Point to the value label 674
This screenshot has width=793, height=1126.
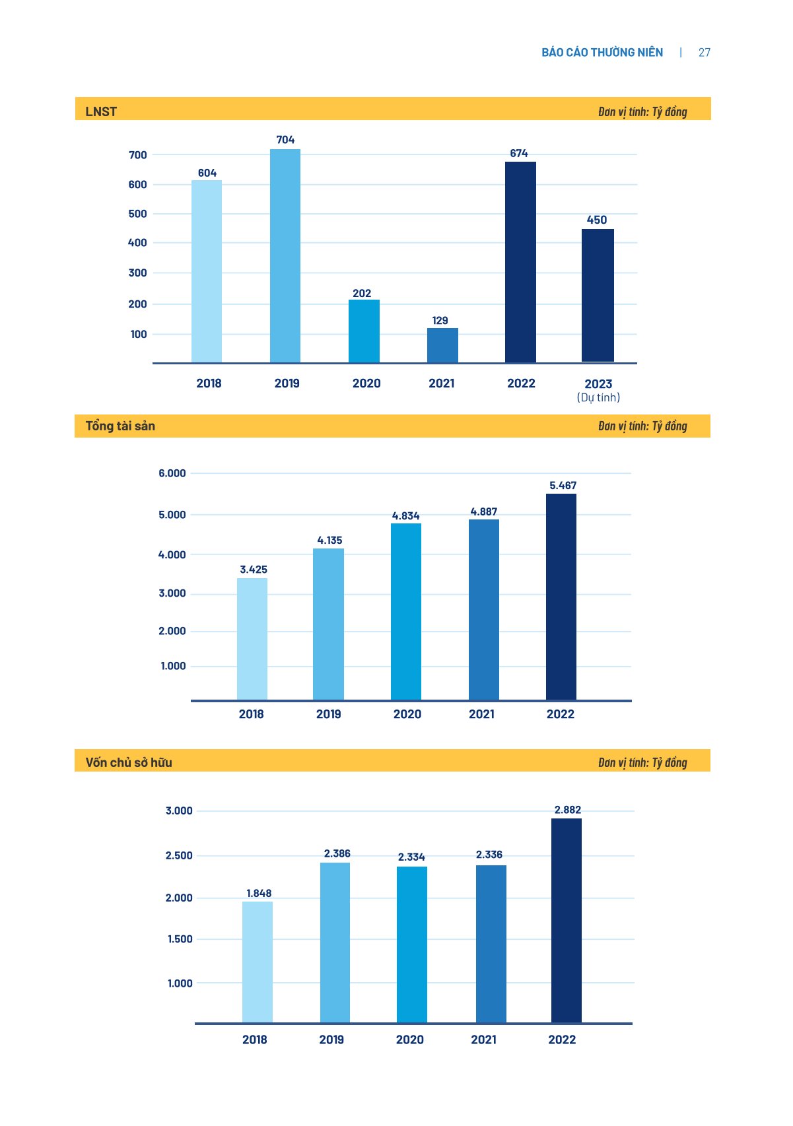(519, 153)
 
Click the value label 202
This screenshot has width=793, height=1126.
(362, 293)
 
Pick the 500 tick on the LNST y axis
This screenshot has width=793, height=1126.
(138, 214)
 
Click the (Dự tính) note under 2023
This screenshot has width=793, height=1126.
(598, 397)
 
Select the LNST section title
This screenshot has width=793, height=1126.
(101, 112)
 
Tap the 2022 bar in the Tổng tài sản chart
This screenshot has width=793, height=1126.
(561, 597)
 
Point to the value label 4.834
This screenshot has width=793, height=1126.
(405, 515)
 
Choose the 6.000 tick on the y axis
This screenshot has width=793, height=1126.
(172, 473)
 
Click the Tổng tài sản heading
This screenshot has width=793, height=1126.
(120, 426)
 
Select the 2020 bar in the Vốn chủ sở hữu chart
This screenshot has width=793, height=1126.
(412, 944)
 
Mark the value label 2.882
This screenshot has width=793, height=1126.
(568, 810)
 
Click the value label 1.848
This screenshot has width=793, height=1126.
(259, 893)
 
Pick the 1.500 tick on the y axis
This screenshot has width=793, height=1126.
(180, 939)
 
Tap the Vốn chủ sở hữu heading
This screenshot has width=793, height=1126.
(129, 762)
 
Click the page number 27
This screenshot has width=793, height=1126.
(705, 53)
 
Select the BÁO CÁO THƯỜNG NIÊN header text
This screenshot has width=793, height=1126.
(602, 53)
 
